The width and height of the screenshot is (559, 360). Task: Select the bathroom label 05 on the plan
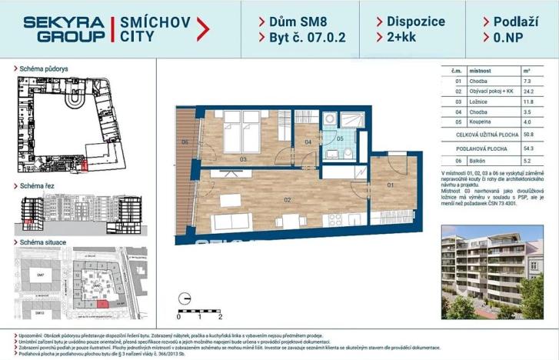click(x=339, y=139)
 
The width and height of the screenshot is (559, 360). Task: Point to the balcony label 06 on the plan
click(x=185, y=142)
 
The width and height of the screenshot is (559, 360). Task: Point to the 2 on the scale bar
click(x=221, y=315)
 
